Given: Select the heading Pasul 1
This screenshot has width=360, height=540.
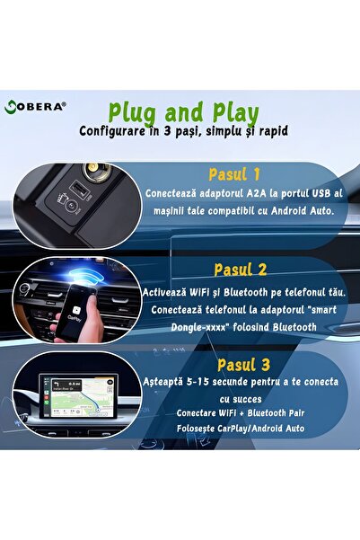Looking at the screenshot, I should [233, 174].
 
